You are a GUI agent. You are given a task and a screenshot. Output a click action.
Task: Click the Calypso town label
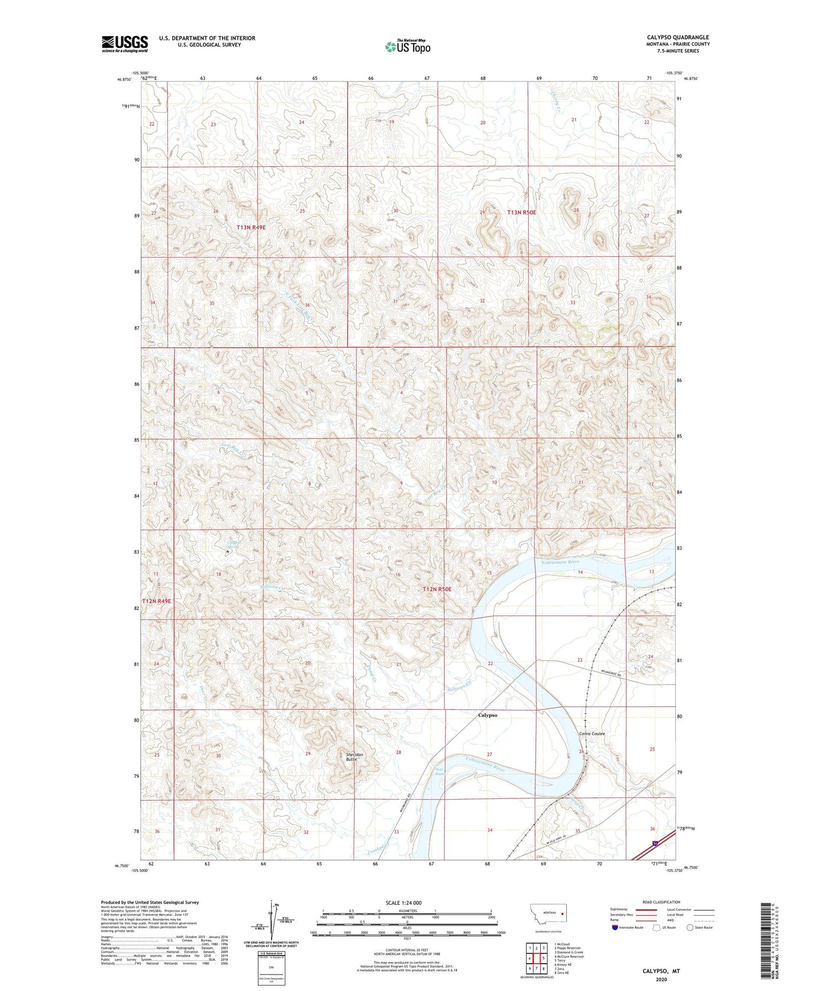pyautogui.click(x=488, y=715)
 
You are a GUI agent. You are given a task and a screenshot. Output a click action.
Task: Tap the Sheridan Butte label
pyautogui.click(x=354, y=757)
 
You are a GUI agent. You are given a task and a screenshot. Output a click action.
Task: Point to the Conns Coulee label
pyautogui.click(x=592, y=734)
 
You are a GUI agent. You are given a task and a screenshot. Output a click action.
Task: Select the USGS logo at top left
pyautogui.click(x=125, y=44)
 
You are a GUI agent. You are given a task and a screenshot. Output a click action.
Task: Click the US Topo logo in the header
pyautogui.click(x=407, y=47)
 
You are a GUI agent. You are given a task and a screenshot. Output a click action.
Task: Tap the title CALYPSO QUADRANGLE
pyautogui.click(x=678, y=37)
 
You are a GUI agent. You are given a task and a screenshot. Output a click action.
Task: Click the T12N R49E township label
pyautogui.click(x=157, y=601)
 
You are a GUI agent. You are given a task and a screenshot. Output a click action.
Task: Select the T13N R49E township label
pyautogui.click(x=251, y=227)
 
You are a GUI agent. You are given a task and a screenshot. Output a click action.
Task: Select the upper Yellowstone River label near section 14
pyautogui.click(x=560, y=562)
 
